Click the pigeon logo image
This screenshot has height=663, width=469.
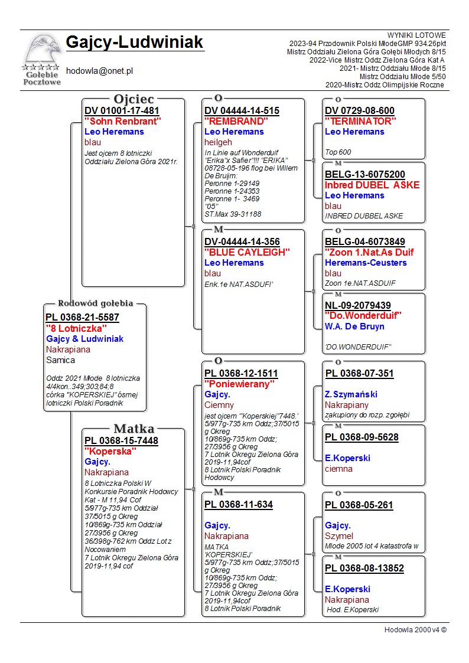[x=42, y=58]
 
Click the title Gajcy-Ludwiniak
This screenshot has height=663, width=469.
[x=135, y=43]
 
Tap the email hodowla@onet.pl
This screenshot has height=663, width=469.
[x=99, y=70]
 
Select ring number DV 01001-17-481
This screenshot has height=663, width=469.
[x=122, y=110]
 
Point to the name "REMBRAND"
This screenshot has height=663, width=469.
[x=236, y=121]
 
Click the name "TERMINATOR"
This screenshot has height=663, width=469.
[x=360, y=121]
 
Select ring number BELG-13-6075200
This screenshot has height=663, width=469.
[x=365, y=174]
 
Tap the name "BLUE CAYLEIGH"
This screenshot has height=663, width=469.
[x=247, y=252]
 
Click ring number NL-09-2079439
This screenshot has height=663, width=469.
[x=358, y=305]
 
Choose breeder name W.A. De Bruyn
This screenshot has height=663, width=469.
[x=354, y=326]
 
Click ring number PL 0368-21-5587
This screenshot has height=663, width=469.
[x=82, y=317]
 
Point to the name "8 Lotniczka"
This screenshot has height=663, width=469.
[x=76, y=328]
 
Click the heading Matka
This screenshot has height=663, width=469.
[x=133, y=429]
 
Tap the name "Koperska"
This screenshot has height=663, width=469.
[x=110, y=451]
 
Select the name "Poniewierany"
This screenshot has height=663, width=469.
[x=239, y=384]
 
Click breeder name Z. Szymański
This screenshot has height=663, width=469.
[x=351, y=394]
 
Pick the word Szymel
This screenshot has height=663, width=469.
[x=339, y=536]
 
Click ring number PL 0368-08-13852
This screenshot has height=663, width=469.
[x=364, y=569]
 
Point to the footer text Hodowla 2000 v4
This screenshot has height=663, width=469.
[x=415, y=629]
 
